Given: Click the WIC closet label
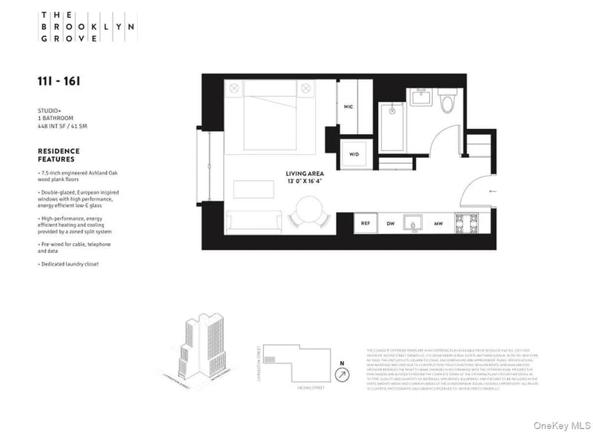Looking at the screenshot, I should point(348,107).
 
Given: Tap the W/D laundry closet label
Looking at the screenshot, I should point(355,154).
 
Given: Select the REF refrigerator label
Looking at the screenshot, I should point(365,223).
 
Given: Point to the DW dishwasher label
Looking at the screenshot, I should point(390,223).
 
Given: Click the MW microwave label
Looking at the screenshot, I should point(438,223).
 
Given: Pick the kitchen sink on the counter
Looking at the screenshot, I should point(413,222).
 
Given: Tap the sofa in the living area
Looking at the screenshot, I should point(255,219).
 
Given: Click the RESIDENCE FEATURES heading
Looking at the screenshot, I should point(58,155).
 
